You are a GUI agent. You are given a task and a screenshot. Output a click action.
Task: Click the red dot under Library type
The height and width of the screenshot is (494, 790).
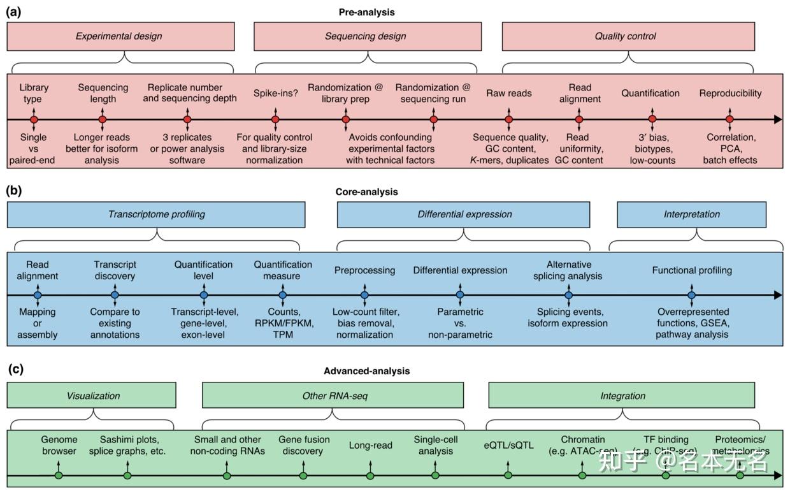(34, 119)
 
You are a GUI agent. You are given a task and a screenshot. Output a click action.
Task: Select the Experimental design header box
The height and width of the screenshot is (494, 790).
(120, 36)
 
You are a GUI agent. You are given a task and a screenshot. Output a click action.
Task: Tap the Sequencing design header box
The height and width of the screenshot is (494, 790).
(365, 36)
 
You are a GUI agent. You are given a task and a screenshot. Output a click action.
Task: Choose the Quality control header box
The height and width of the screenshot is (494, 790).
(625, 36)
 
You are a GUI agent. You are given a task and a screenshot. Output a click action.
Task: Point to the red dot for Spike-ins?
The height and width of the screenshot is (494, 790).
(275, 119)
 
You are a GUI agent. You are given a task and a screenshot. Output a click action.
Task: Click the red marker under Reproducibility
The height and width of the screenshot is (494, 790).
(730, 119)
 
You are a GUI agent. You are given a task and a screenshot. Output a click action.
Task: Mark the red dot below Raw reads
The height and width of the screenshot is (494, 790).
(508, 119)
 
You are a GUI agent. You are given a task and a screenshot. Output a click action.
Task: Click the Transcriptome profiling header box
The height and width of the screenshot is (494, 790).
(157, 214)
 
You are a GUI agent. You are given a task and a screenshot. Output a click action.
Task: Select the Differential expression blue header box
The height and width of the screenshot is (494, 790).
(464, 214)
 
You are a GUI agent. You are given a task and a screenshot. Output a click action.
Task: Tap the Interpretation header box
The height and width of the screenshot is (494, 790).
(691, 214)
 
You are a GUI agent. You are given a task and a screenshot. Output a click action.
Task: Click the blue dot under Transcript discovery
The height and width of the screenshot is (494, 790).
(115, 295)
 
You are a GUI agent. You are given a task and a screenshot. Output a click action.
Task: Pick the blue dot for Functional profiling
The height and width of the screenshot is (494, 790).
(692, 295)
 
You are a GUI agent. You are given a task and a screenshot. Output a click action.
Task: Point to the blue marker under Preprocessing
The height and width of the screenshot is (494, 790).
(364, 295)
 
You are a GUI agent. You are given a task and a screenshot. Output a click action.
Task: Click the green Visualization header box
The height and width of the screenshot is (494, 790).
(92, 396)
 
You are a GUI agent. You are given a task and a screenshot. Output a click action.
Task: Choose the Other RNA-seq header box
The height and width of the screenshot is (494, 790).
(333, 396)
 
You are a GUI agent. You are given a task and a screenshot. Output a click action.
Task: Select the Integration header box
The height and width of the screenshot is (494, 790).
(622, 396)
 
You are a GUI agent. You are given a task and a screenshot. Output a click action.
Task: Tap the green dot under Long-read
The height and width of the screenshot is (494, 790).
(370, 476)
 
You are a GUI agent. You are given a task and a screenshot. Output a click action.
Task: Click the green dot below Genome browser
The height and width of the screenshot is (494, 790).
(59, 476)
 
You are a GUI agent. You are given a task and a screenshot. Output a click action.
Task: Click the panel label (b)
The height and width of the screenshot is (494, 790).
(14, 190)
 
